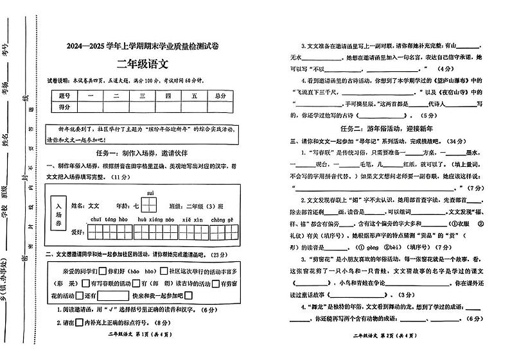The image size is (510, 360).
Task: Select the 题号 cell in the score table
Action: tap(64, 96)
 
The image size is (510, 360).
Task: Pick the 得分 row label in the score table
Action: tap(64, 107)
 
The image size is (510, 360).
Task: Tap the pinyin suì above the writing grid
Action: tap(150, 193)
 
